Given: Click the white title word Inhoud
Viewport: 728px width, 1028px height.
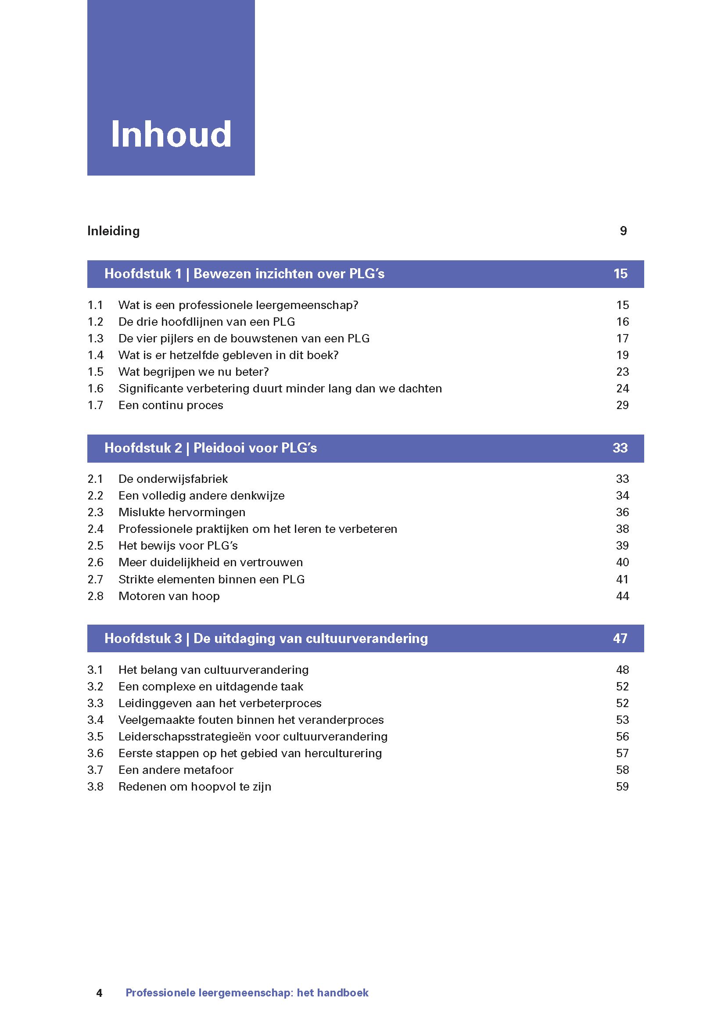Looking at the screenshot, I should coord(171,134).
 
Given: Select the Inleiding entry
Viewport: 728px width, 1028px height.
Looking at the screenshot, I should coord(113,231).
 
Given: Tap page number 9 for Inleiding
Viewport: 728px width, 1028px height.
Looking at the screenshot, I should coord(623,231).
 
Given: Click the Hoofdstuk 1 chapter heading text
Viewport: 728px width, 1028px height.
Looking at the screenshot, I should coord(244,273).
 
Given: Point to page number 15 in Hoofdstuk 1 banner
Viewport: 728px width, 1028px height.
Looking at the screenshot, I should coord(620,273).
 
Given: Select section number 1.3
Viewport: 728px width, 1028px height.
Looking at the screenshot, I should coord(96,338).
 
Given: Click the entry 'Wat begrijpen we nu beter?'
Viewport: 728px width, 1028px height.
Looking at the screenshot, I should coord(193,372).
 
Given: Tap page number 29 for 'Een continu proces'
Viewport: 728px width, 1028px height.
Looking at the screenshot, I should coord(622,405).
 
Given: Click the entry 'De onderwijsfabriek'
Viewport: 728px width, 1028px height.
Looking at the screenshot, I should coord(173,479).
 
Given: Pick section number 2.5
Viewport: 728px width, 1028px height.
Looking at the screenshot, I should coord(96,546).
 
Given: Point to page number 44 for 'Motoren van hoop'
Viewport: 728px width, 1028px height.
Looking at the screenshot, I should coord(622,596).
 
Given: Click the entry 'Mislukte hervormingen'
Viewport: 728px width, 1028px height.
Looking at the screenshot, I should coord(182,512).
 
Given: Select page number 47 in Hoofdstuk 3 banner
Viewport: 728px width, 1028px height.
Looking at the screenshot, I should coord(620,638).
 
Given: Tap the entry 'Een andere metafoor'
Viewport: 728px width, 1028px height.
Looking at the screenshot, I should coord(176,770).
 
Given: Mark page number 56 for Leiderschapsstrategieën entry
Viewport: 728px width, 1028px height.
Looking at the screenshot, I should coord(622,737).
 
